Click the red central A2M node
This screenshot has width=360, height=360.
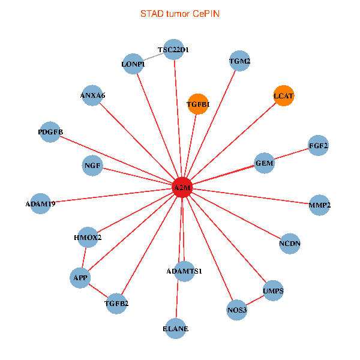[x=182, y=188]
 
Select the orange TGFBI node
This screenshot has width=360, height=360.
[x=197, y=104]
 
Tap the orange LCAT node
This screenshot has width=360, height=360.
[x=284, y=96]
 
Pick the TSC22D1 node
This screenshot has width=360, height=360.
[x=174, y=50]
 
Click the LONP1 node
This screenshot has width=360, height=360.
[x=133, y=64]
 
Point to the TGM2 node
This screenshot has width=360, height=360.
[x=240, y=61]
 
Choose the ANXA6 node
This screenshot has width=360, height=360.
[x=92, y=96]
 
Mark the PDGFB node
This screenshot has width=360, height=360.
[x=50, y=133]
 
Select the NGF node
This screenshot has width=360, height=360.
[x=93, y=165]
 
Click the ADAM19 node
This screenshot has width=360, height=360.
[x=40, y=203]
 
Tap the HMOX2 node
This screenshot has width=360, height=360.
[x=88, y=237]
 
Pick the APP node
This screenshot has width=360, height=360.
[x=80, y=278]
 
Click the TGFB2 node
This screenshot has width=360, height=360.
[x=116, y=303]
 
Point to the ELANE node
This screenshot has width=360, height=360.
[x=176, y=328]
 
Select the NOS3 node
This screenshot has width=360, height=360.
[x=237, y=310]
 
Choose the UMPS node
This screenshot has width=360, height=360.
[x=273, y=292]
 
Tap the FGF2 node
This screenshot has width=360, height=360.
[x=318, y=145]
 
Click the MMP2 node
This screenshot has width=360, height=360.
[x=320, y=205]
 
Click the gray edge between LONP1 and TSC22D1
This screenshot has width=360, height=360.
[x=154, y=58]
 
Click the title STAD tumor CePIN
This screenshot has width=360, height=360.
[x=179, y=13]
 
